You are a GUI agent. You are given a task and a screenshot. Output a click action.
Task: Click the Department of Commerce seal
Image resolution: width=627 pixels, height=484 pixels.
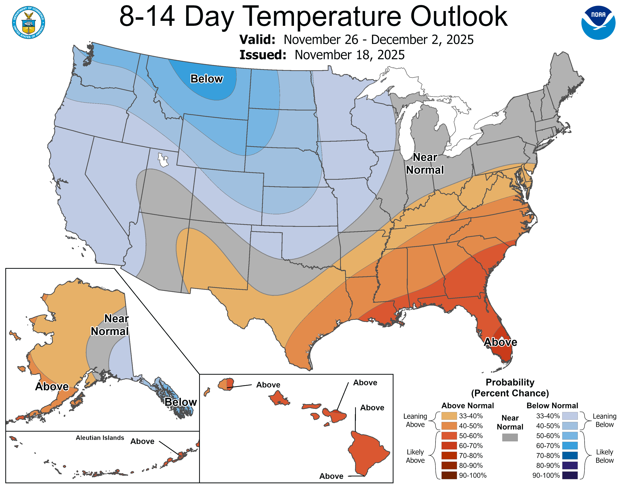[28, 22]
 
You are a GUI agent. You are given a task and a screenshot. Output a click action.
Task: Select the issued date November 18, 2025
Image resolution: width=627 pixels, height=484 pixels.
[349, 55]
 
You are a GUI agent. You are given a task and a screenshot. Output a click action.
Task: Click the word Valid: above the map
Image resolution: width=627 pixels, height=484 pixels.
[257, 39]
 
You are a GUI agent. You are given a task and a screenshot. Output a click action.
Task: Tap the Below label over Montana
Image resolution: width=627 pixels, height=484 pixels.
[206, 79]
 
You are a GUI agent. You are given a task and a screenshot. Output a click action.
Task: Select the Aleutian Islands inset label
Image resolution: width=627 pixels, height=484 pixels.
[100, 437]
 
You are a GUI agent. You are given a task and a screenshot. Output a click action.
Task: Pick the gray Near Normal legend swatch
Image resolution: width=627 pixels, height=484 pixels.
[510, 437]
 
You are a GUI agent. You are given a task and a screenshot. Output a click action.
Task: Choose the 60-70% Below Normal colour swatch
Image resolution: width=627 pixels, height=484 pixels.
[570, 446]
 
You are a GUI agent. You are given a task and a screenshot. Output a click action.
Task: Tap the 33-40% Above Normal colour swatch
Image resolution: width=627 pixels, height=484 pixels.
[449, 416]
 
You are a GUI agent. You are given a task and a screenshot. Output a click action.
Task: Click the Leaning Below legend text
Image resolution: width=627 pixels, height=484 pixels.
[604, 420]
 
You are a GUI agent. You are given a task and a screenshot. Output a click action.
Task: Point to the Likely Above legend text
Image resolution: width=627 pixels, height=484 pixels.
[415, 456]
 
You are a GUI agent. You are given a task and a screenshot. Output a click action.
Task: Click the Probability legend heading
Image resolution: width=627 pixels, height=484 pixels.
[510, 382]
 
